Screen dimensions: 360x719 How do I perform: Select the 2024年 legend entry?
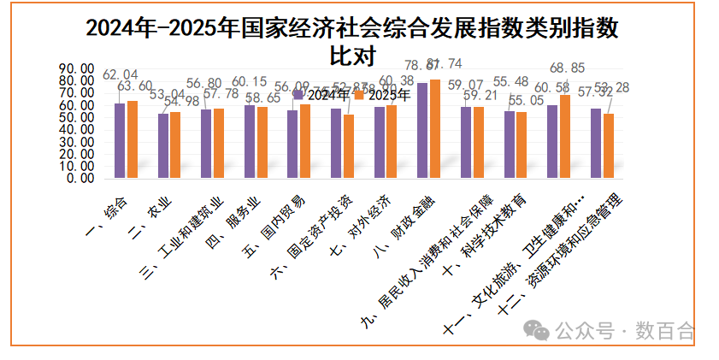click(x=317, y=95)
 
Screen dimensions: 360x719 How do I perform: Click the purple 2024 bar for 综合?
click(x=120, y=141)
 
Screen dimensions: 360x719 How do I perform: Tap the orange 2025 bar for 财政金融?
click(x=435, y=129)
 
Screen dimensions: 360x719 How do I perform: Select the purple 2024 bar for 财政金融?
click(x=422, y=131)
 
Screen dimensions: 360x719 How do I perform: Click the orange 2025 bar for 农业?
click(x=175, y=145)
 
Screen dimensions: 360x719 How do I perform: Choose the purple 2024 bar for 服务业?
click(x=250, y=142)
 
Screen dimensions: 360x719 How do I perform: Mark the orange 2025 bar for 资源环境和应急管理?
click(x=609, y=146)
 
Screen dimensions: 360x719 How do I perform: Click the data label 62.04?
click(x=120, y=74)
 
